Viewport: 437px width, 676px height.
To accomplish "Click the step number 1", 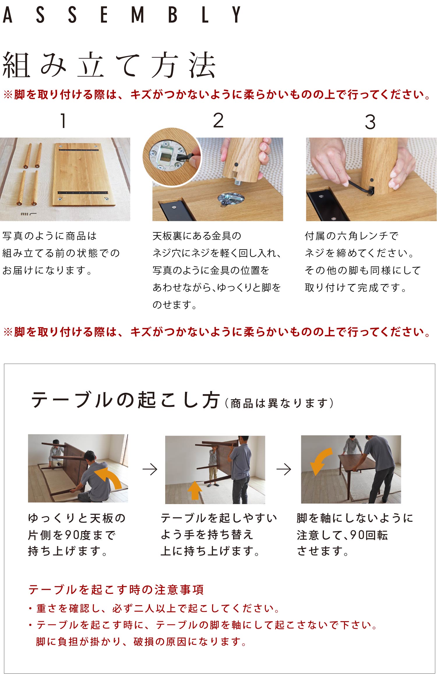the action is (x=63, y=121).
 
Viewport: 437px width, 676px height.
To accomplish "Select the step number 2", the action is (x=218, y=120).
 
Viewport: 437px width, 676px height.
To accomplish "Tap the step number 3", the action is (x=370, y=122).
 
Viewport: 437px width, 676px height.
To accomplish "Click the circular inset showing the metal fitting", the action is (x=172, y=157).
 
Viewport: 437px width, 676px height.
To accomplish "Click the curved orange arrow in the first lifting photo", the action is (x=109, y=478).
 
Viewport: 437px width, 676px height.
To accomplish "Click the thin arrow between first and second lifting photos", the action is (x=150, y=469).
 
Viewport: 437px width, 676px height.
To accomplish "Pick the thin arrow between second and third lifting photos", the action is (x=284, y=469).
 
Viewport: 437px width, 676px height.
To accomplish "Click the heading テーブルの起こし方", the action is (x=126, y=400).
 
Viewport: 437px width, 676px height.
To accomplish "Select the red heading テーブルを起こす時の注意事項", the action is (x=116, y=589).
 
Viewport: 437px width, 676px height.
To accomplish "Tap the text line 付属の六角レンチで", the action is (x=351, y=236).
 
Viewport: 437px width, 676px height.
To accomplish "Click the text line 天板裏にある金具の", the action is (x=197, y=236).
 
